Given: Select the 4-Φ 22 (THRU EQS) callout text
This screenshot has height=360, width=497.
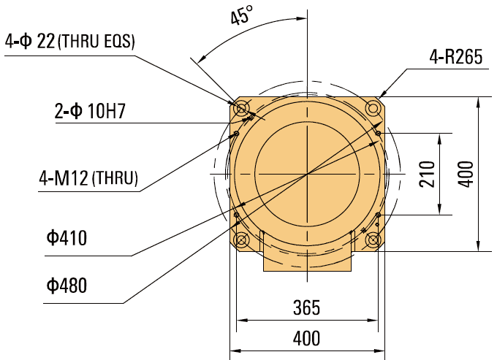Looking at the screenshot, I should [x=70, y=42].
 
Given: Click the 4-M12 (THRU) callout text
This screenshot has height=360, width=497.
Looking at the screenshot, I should [x=88, y=177].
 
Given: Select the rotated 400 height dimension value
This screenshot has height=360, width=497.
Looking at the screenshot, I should [x=467, y=174].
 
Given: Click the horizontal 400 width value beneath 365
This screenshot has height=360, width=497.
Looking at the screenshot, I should [x=306, y=338].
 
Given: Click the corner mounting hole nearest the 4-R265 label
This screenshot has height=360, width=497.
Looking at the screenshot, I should [x=373, y=108].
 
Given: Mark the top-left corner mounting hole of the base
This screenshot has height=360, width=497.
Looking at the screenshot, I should [x=241, y=108].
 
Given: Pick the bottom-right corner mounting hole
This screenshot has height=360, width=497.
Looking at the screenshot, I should [x=373, y=240].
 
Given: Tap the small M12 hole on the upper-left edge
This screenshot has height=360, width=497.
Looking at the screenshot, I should [x=237, y=134].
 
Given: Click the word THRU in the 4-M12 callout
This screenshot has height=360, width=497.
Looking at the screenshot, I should [x=116, y=178].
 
